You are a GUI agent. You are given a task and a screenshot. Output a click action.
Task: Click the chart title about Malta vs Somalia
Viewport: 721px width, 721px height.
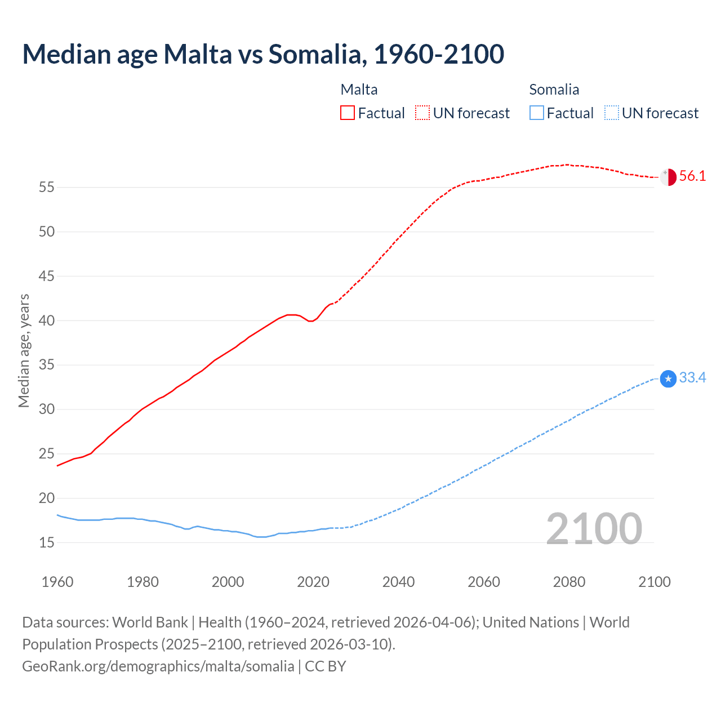pyautogui.click(x=263, y=54)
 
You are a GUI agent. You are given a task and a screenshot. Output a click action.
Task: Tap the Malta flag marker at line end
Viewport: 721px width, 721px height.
pyautogui.click(x=668, y=177)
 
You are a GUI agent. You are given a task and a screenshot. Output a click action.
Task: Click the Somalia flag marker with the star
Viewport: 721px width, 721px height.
pyautogui.click(x=668, y=379)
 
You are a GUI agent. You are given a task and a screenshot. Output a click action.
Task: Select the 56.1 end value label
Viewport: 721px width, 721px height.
pyautogui.click(x=692, y=176)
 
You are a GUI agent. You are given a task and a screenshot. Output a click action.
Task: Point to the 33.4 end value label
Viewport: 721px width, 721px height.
pyautogui.click(x=692, y=378)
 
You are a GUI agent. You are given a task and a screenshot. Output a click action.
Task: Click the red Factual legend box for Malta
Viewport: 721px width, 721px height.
pyautogui.click(x=348, y=113)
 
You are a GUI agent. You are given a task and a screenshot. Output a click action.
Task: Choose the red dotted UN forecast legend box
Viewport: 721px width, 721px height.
pyautogui.click(x=422, y=113)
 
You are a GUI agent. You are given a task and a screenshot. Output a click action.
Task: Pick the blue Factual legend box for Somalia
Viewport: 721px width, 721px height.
pyautogui.click(x=537, y=113)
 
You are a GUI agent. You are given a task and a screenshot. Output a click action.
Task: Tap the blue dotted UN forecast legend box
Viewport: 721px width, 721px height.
pyautogui.click(x=612, y=113)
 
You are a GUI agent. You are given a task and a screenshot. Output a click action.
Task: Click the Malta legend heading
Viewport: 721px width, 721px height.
pyautogui.click(x=359, y=90)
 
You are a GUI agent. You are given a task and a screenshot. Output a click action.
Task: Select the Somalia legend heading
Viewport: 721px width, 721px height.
pyautogui.click(x=554, y=90)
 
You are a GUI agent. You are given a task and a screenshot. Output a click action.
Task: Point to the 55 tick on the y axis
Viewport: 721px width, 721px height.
pyautogui.click(x=47, y=187)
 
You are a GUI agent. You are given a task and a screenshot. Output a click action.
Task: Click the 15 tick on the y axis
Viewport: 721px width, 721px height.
pyautogui.click(x=47, y=542)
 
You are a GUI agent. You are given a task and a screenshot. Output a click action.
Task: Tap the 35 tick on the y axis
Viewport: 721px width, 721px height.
pyautogui.click(x=47, y=365)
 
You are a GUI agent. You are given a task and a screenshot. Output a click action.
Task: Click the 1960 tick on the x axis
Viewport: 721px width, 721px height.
pyautogui.click(x=57, y=582)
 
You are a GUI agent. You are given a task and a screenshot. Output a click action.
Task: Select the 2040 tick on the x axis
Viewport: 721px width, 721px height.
pyautogui.click(x=398, y=582)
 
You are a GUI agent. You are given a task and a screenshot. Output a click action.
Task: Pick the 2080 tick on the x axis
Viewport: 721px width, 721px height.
pyautogui.click(x=569, y=582)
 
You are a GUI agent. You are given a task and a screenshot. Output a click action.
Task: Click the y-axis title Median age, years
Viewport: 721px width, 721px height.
pyautogui.click(x=24, y=350)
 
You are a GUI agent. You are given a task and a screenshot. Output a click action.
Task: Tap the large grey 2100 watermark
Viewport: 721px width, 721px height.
pyautogui.click(x=594, y=529)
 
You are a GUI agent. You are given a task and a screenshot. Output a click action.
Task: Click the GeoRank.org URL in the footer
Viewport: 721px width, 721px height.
pyautogui.click(x=158, y=666)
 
